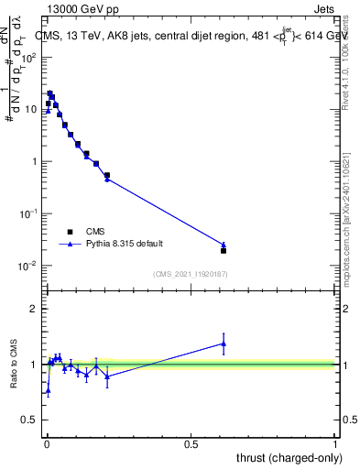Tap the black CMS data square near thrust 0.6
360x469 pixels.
224,250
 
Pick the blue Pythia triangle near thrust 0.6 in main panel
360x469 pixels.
224,245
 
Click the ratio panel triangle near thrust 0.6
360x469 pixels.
224,344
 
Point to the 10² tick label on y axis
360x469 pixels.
29,57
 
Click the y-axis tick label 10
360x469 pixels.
30,109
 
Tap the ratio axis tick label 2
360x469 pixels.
34,309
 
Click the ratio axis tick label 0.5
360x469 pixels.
29,420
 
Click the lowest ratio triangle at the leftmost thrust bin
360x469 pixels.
48,390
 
